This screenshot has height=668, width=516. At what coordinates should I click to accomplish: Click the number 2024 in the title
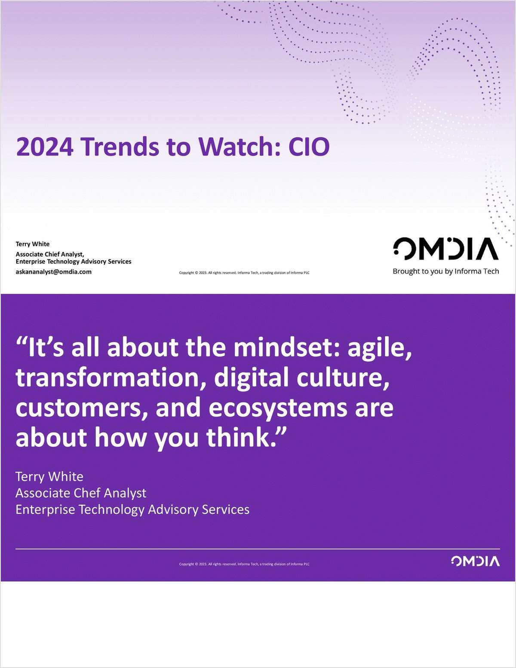tap(45, 147)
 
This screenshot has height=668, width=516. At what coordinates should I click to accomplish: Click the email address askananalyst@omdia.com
tap(53, 272)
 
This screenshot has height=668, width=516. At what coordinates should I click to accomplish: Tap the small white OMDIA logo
tap(475, 561)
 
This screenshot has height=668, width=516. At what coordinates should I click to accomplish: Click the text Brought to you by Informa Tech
tap(445, 271)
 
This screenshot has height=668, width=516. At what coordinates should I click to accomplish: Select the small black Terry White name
tap(33, 244)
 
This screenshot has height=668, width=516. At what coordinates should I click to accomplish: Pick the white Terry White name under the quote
tap(49, 476)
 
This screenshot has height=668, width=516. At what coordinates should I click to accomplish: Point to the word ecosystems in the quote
tap(278, 407)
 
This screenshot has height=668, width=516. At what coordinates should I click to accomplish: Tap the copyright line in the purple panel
tap(244, 564)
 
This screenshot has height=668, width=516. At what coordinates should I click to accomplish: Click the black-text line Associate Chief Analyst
tap(50, 254)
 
